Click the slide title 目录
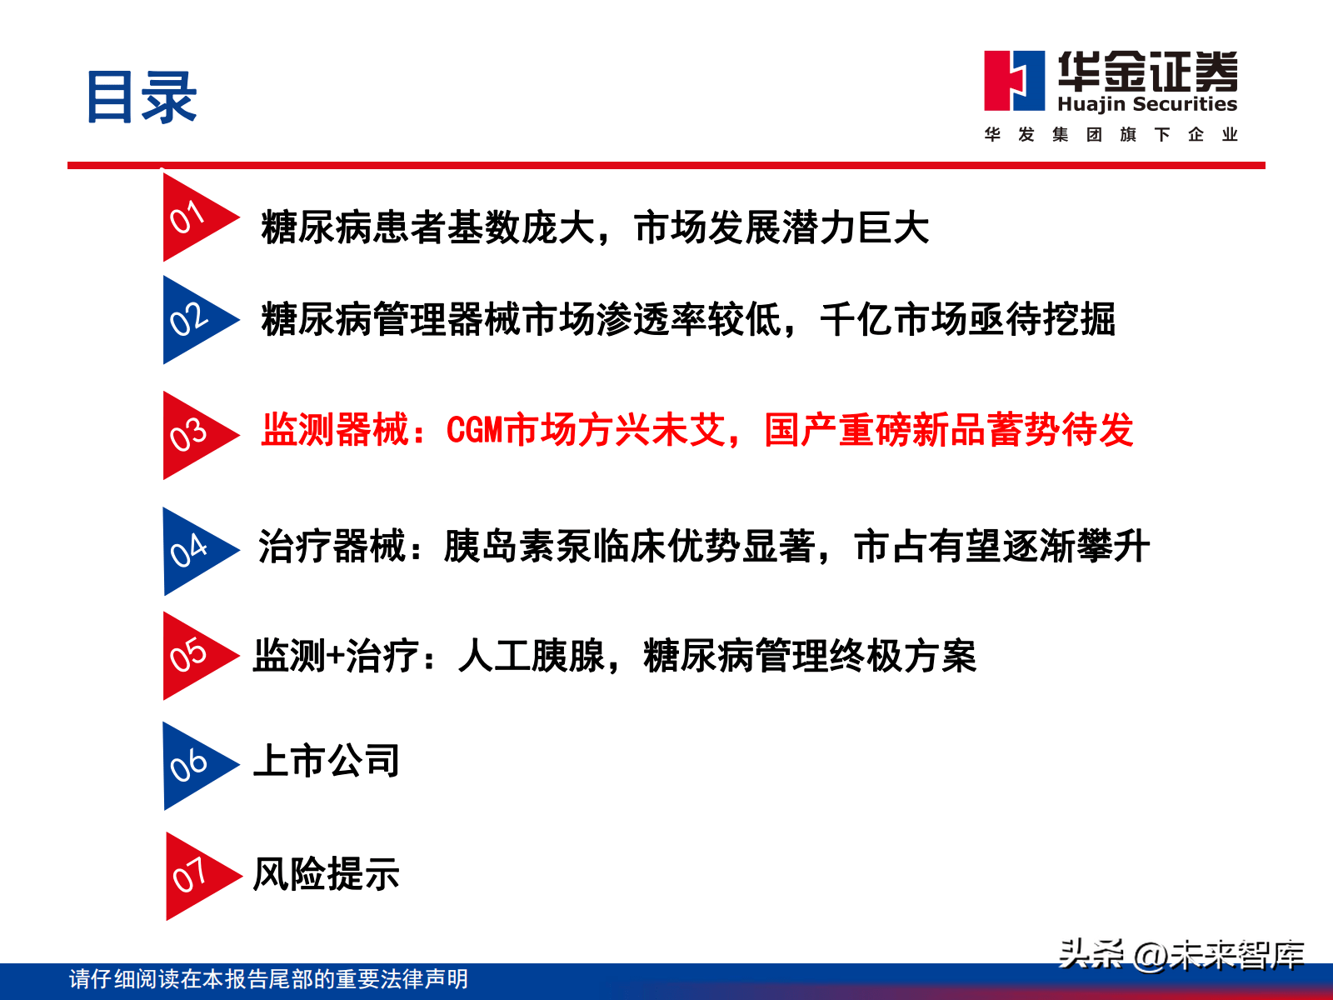(x=142, y=97)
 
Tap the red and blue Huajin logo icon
(x=1014, y=81)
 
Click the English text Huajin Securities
(x=1147, y=104)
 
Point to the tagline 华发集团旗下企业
(x=1111, y=134)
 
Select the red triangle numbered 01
(x=194, y=218)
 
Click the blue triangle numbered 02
(x=194, y=320)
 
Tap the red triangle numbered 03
(x=194, y=435)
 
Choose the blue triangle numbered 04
(x=194, y=551)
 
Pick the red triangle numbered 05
(x=194, y=656)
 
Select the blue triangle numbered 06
(x=194, y=766)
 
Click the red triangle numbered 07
(x=197, y=876)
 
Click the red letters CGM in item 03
(x=476, y=431)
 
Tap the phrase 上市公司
(x=326, y=761)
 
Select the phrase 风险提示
(x=326, y=874)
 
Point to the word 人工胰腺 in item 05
(x=532, y=656)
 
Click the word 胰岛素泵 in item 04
(x=517, y=547)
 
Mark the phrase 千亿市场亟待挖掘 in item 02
(x=967, y=319)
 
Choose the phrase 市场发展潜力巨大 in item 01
(x=781, y=227)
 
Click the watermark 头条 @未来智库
(x=1181, y=954)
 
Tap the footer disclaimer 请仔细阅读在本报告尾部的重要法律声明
(x=268, y=978)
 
